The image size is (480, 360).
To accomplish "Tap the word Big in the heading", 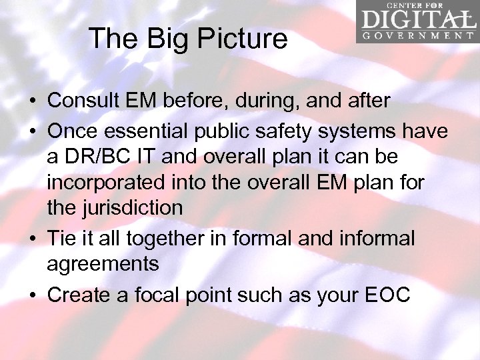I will tap(163, 39).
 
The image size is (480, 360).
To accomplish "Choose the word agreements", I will tap(103, 264).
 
